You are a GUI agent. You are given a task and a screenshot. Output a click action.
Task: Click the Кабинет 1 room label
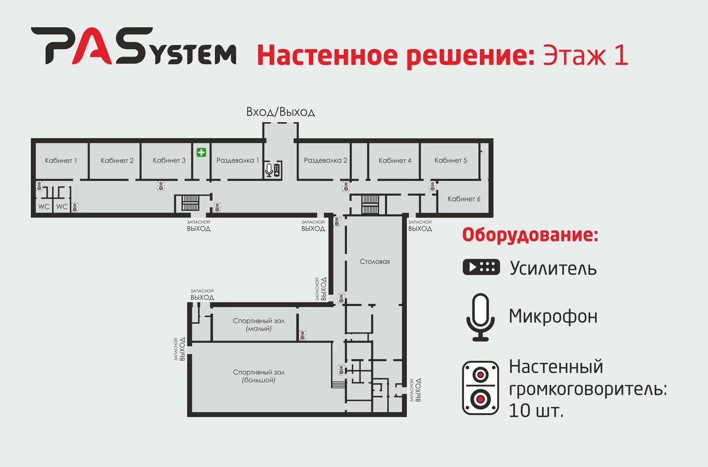tap(61, 161)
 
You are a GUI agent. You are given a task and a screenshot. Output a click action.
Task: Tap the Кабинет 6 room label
tap(464, 199)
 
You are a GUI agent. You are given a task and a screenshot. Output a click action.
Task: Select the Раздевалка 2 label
tap(325, 161)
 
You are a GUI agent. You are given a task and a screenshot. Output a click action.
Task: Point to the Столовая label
tap(375, 262)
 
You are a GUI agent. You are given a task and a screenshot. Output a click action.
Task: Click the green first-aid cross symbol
tap(201, 152)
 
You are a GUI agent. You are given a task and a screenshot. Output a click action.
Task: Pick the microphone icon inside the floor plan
tap(269, 170)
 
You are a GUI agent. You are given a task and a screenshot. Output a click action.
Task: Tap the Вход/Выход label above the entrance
tap(280, 112)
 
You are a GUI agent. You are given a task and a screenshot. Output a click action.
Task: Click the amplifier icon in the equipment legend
tap(481, 267)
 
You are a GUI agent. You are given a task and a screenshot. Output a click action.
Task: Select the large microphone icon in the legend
tap(480, 317)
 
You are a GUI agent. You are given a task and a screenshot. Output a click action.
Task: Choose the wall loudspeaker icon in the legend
tap(480, 388)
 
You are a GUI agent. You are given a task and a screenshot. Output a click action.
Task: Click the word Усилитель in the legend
tap(553, 268)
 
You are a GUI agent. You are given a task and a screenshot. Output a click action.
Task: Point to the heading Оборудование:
tap(530, 235)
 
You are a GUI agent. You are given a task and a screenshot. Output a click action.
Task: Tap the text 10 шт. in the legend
tap(536, 411)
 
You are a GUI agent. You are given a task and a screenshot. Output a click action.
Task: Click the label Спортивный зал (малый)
tap(259, 325)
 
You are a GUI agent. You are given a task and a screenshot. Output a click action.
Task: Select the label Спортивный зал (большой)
tap(259, 376)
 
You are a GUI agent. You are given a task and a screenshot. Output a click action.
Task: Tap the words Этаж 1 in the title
tap(585, 55)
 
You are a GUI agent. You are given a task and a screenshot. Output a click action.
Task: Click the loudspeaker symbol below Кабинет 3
tap(161, 186)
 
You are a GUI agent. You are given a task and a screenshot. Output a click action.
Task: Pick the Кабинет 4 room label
tap(394, 161)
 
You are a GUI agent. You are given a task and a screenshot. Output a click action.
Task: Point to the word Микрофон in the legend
tap(553, 316)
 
